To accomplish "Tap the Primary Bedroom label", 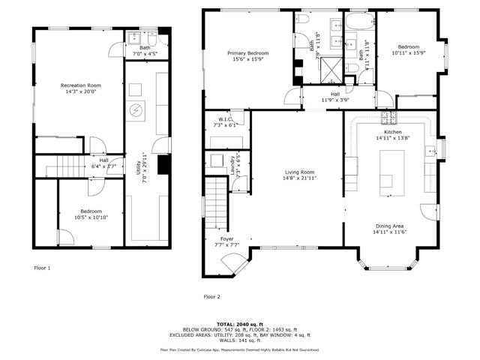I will [x=247, y=53].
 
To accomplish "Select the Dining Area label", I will [x=389, y=225].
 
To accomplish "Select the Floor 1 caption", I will [x=43, y=267].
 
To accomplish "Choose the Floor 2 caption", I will [x=212, y=297].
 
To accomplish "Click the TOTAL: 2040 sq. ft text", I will [x=239, y=324].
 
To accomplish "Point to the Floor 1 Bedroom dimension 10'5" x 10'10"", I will [x=91, y=217].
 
